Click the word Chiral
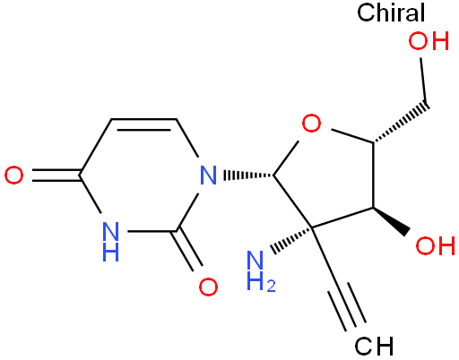[391, 13]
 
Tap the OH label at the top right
[429, 41]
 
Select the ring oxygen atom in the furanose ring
[311, 123]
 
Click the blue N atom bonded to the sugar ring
[208, 176]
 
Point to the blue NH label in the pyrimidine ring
[110, 241]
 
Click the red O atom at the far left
[13, 176]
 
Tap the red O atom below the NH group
[208, 287]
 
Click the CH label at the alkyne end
[374, 347]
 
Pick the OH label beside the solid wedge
[436, 245]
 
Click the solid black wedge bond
[391, 220]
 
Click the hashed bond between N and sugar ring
[248, 176]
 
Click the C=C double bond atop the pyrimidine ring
[143, 124]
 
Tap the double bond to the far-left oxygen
[56, 176]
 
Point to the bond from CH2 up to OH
[423, 81]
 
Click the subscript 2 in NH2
[271, 286]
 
